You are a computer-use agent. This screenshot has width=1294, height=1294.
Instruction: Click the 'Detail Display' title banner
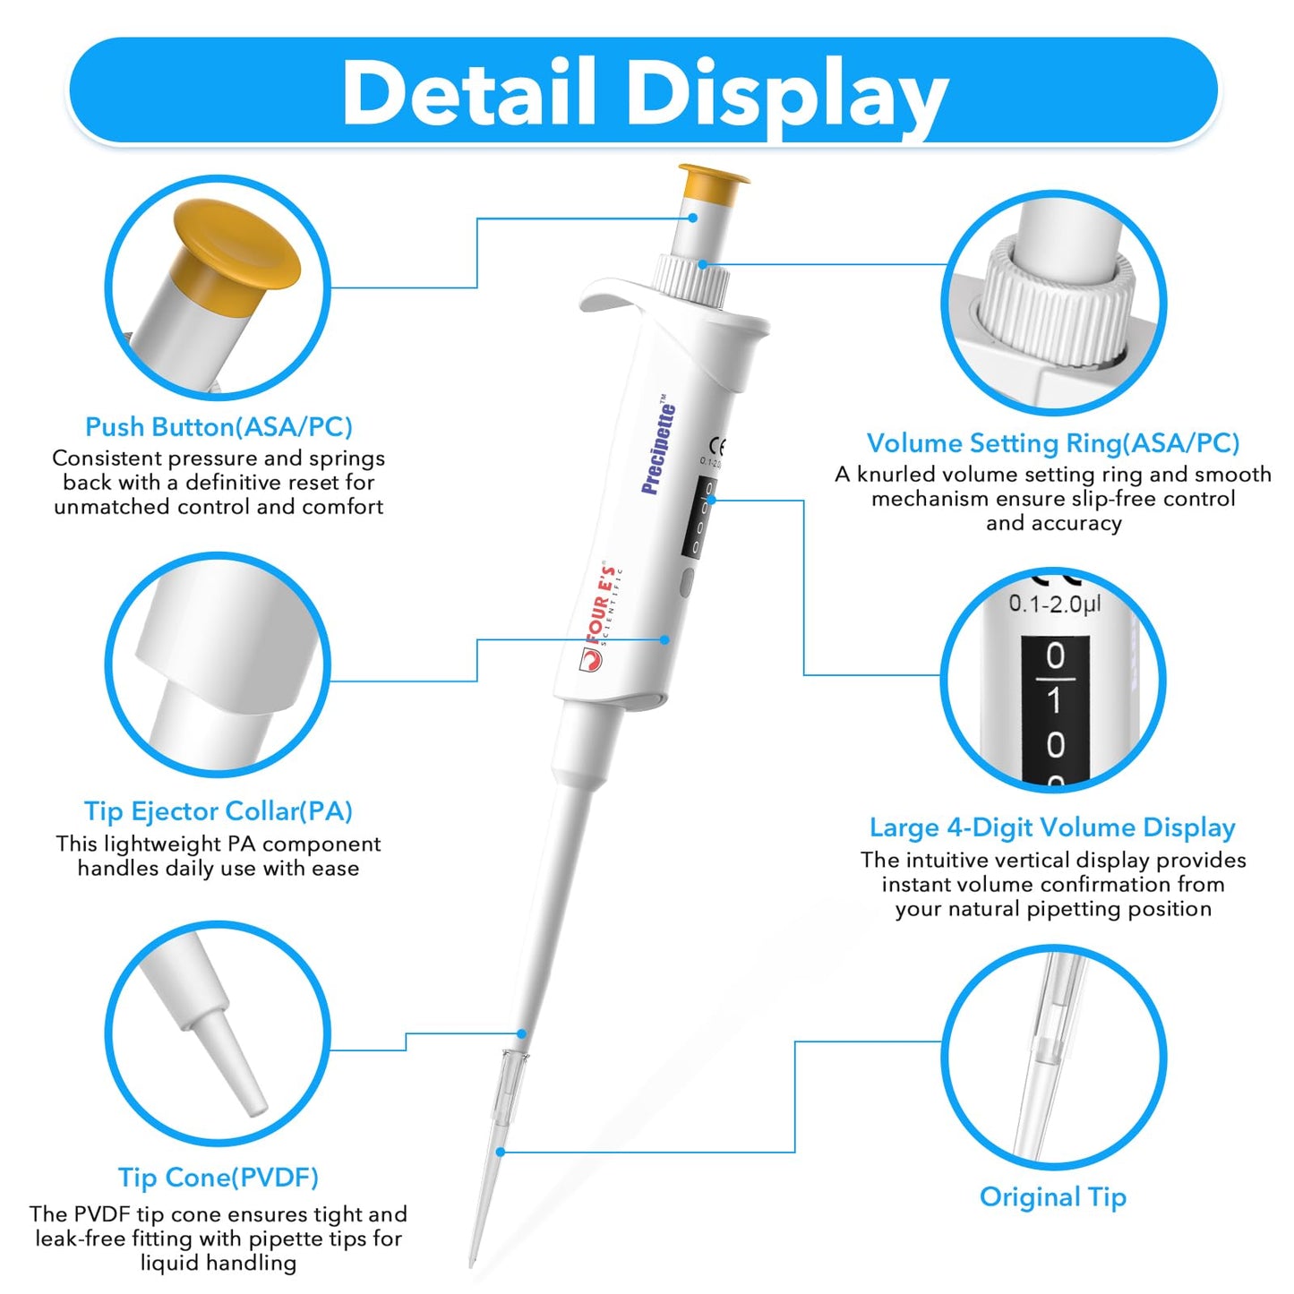coord(645,91)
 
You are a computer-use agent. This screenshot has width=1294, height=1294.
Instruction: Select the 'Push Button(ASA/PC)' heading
coord(219,427)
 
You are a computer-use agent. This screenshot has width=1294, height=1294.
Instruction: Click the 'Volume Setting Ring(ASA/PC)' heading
coord(1053,443)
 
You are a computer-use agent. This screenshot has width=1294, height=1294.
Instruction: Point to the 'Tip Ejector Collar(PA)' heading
coord(219,811)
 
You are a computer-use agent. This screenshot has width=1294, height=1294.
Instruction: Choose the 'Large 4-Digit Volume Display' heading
coord(1053,827)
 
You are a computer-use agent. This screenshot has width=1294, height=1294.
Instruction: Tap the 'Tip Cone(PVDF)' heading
coord(219,1178)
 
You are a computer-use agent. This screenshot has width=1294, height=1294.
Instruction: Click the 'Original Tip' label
coord(1053,1197)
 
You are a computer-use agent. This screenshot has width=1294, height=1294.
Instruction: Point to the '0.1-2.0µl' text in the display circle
coord(1055,604)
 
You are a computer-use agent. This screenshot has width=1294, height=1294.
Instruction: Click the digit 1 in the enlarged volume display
coord(1055,700)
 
